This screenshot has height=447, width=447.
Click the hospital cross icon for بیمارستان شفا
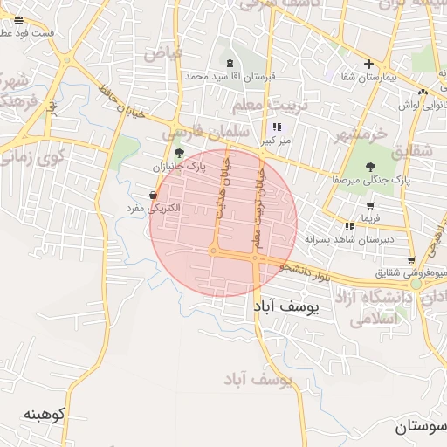point(369,64)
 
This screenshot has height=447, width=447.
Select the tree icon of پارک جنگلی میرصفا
point(370,166)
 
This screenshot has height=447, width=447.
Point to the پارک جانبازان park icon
point(179,152)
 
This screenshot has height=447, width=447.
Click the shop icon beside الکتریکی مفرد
point(154,195)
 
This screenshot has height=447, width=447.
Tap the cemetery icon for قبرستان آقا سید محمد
point(230,63)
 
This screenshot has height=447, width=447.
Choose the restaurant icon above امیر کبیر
point(278,127)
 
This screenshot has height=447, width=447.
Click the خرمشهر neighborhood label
point(359,134)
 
